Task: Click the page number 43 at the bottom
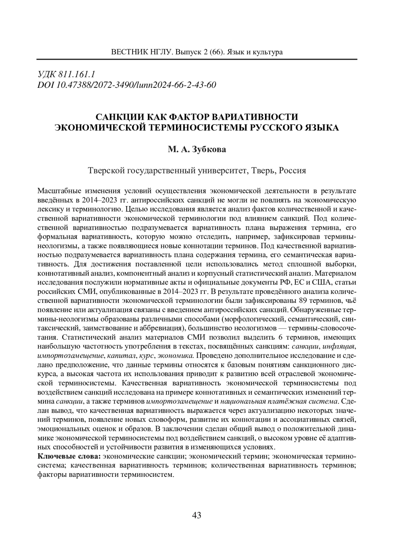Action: point(196,515)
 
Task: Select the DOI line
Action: point(127,85)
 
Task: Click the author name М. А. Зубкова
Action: point(197,150)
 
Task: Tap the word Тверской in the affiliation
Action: point(105,171)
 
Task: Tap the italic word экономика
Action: point(176,355)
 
